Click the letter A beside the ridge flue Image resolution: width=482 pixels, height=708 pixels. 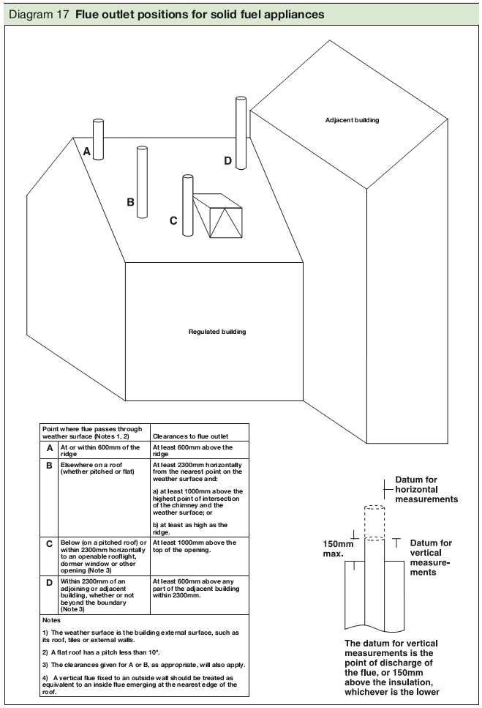[x=86, y=152]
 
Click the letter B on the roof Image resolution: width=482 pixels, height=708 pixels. [x=130, y=202]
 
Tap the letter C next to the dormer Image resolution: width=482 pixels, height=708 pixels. [x=173, y=220]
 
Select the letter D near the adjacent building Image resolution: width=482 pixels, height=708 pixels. [x=227, y=161]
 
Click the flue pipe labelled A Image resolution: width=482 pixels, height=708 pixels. [x=98, y=139]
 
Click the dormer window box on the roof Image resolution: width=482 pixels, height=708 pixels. [x=218, y=216]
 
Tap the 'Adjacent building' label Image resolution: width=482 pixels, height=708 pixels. [x=353, y=119]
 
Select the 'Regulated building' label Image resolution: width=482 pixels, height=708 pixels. [x=217, y=332]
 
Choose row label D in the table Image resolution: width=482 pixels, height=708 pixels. [x=49, y=584]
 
